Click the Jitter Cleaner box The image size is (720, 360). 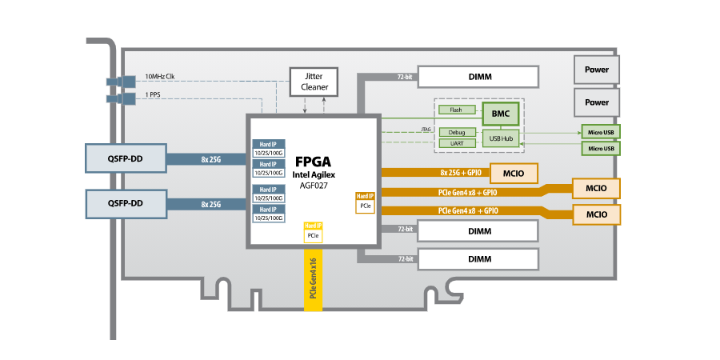314,82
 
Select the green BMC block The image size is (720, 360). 501,114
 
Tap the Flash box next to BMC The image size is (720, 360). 456,110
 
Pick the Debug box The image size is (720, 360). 458,132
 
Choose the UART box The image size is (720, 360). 458,143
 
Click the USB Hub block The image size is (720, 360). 501,138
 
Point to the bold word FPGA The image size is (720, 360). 313,162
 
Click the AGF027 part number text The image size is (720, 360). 313,186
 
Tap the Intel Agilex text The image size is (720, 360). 314,175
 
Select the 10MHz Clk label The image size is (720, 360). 159,76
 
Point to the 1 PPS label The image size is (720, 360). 153,95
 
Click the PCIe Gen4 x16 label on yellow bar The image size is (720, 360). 313,278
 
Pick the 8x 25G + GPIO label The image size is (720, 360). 461,173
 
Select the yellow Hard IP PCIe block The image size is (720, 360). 313,232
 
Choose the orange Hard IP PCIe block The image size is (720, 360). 366,202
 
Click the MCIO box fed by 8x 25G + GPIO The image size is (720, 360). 514,174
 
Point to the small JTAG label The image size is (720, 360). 426,130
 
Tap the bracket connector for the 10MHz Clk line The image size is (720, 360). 122,82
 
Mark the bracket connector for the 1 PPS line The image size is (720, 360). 122,98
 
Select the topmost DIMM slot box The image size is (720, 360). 478,77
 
